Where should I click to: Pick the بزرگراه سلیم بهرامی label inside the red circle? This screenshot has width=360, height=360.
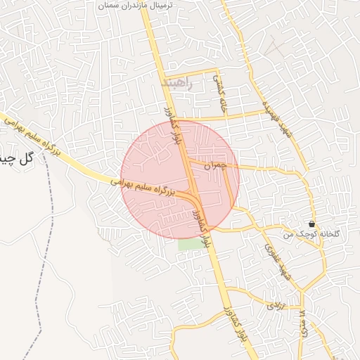point(151,185)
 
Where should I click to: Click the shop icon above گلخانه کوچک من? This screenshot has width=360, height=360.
point(311,223)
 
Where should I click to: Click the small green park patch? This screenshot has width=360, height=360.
point(188,245)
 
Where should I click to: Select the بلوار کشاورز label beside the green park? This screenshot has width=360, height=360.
point(204,229)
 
